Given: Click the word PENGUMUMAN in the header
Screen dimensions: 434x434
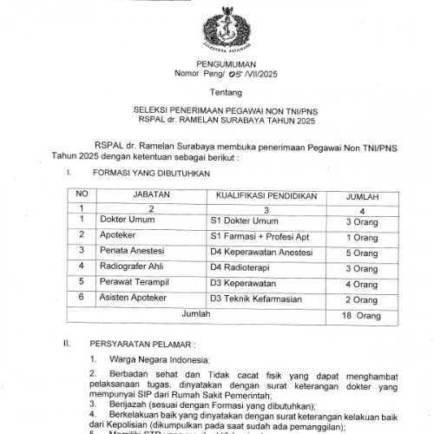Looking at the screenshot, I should tap(218, 64).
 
